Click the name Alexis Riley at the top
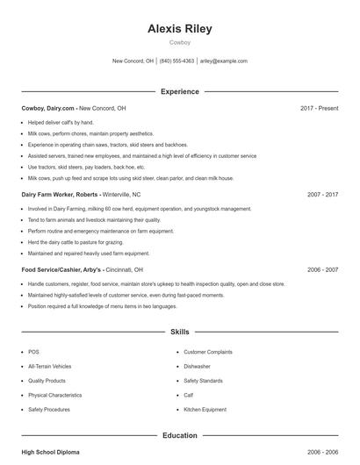(180, 28)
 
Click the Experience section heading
(180, 91)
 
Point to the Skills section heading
(180, 333)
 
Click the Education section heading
(180, 435)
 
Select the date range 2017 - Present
(319, 108)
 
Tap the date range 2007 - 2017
(323, 194)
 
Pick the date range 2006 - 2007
(323, 270)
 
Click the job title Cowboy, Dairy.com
(48, 108)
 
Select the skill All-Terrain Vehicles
(50, 366)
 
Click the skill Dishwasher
(197, 366)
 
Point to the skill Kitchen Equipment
(205, 410)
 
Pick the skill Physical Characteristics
(54, 395)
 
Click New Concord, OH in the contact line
(133, 61)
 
